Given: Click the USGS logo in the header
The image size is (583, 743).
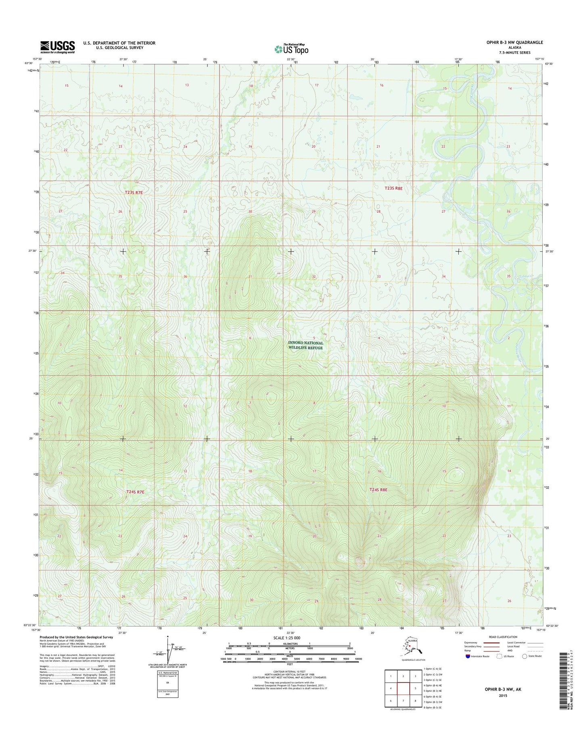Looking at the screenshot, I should coord(57,47).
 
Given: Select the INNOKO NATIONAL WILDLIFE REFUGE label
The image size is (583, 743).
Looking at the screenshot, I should coord(305,345).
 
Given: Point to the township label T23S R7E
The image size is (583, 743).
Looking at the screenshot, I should coord(134,193).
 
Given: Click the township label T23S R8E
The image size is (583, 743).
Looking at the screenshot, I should coord(393,188).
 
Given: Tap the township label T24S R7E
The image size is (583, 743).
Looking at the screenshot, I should coord(135,492).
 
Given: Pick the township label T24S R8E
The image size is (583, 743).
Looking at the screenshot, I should coord(378,490).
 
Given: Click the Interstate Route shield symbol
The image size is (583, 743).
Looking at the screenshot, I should coord(467,656).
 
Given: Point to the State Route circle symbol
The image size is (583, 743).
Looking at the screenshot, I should coord(524,656).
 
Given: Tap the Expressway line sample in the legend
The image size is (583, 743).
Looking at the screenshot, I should coord(491,643).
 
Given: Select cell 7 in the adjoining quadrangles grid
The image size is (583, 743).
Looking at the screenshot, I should coord(403,701).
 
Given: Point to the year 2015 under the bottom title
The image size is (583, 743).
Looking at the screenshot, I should coord(503,696).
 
